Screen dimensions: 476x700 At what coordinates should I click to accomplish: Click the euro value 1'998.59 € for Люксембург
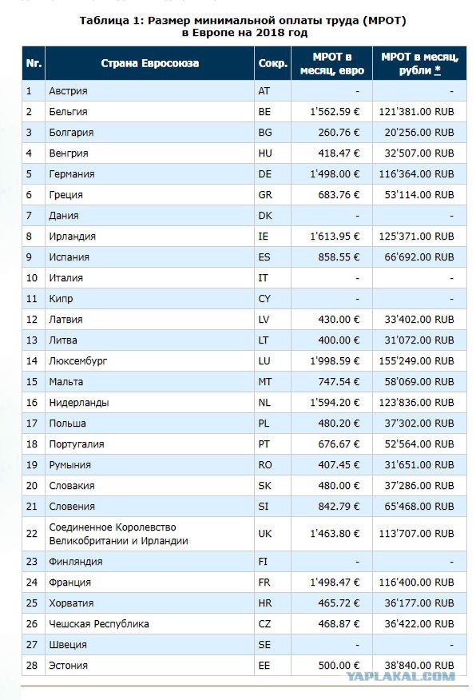(x=335, y=360)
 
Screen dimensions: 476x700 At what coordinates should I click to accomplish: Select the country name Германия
(x=72, y=174)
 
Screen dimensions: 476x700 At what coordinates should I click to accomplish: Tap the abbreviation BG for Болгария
(x=264, y=133)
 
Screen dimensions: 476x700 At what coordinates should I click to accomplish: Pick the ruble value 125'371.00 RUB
(x=416, y=237)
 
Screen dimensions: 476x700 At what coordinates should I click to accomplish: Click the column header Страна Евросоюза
(x=150, y=63)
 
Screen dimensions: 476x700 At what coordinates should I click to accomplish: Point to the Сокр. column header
(x=272, y=63)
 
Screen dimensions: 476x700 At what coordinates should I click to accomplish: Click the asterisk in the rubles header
(x=437, y=70)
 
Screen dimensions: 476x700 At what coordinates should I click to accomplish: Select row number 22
(x=32, y=534)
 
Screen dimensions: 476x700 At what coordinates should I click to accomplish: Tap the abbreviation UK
(x=265, y=534)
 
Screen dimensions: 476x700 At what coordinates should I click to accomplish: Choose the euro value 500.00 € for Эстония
(x=339, y=665)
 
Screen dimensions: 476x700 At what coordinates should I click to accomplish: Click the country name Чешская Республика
(x=99, y=623)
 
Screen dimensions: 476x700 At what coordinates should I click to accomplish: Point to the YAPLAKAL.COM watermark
(x=401, y=676)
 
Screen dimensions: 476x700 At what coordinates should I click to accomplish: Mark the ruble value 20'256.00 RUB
(x=419, y=133)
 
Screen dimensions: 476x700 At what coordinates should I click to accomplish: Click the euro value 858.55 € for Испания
(x=339, y=257)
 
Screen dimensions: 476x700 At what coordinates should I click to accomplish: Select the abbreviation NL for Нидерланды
(x=264, y=403)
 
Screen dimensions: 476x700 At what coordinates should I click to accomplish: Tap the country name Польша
(x=67, y=424)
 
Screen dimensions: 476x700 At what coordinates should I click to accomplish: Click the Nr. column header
(x=34, y=63)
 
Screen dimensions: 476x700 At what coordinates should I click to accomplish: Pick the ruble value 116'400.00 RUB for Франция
(x=416, y=583)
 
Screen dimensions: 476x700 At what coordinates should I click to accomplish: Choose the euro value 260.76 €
(x=339, y=133)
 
